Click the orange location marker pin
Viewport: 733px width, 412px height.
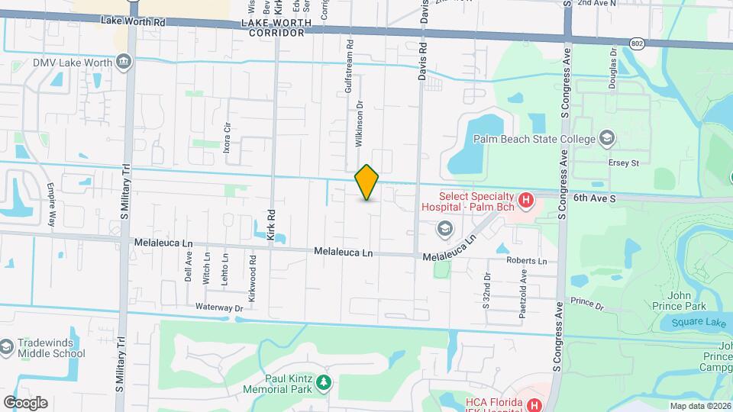[367, 182]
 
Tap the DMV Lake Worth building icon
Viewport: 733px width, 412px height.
[124, 63]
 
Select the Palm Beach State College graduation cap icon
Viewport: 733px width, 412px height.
[606, 138]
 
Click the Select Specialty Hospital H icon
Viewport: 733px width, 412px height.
[525, 201]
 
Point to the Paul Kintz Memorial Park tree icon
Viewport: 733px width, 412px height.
[325, 381]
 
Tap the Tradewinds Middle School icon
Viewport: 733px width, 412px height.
[7, 348]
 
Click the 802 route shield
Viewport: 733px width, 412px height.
[637, 44]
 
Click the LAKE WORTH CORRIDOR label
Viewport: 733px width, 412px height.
[276, 28]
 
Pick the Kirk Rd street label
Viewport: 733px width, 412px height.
[271, 224]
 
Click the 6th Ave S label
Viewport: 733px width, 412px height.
[595, 197]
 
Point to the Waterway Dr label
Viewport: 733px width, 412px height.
[218, 307]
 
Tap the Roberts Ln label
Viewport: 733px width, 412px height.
[527, 261]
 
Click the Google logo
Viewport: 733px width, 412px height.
[25, 402]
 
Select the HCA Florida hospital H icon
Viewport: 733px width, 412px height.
[534, 405]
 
